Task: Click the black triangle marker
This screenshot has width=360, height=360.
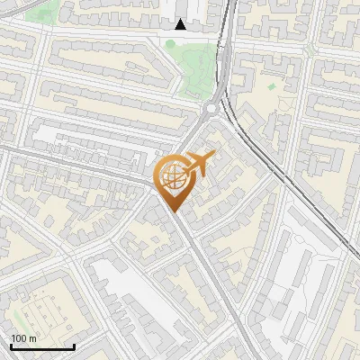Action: [181, 24]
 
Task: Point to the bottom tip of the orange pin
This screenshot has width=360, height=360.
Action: [175, 212]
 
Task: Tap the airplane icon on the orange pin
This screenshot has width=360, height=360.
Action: [199, 164]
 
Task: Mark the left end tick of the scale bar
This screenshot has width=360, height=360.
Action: [11, 346]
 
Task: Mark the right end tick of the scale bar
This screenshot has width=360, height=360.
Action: [74, 346]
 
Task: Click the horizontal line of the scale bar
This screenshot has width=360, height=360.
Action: [42, 347]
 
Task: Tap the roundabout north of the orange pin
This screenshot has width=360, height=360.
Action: [211, 111]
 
